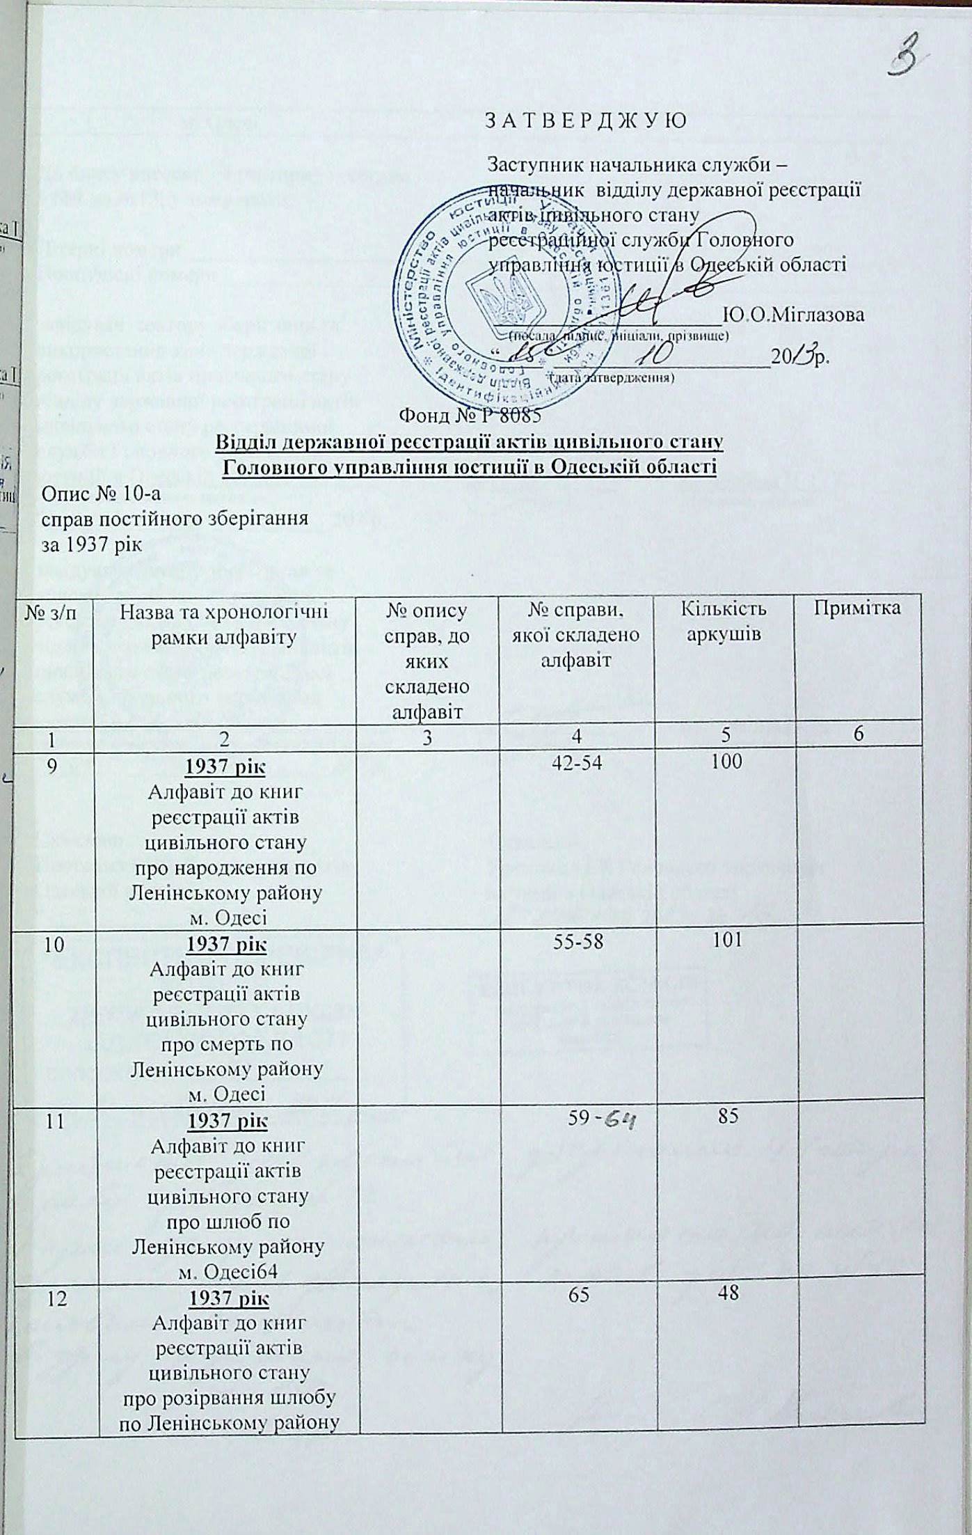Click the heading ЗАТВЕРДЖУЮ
[585, 120]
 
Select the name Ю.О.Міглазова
[794, 314]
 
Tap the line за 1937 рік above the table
[93, 545]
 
